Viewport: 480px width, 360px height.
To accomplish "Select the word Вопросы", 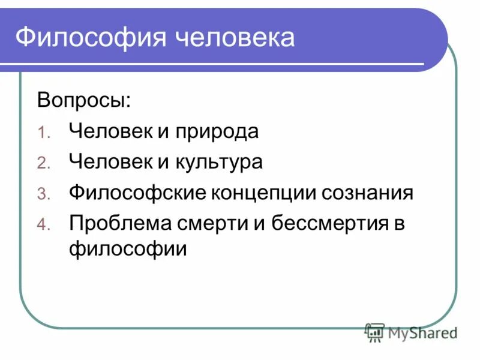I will coord(83,99).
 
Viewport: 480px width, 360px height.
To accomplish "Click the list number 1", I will coord(49,133).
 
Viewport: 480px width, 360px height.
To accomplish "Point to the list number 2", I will coord(49,164).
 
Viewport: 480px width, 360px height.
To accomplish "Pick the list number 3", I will coord(49,195).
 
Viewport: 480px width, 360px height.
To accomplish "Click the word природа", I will coord(217,131).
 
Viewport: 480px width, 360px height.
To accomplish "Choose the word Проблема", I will coord(119,224).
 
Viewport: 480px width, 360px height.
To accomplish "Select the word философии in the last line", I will coord(128,247).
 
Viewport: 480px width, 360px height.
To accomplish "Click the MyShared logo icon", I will coord(375,332).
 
